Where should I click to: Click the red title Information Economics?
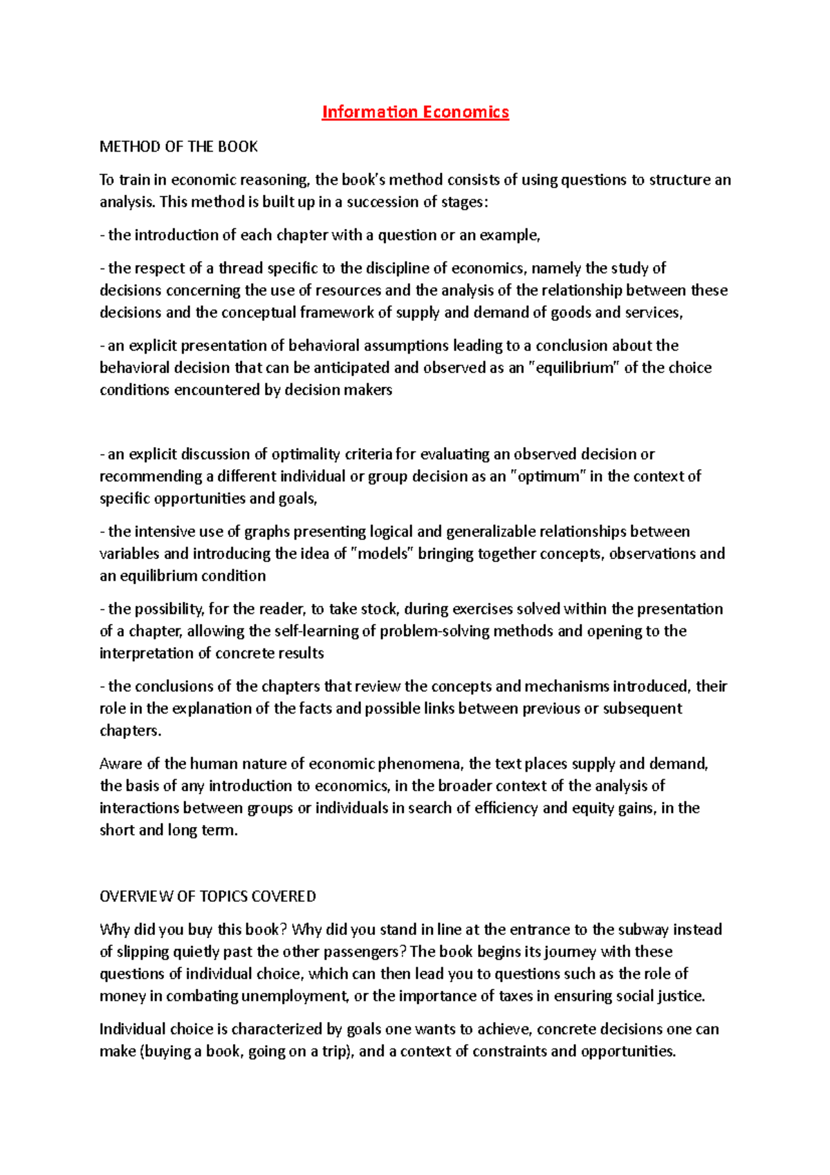[415, 112]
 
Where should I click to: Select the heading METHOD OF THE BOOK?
[178, 147]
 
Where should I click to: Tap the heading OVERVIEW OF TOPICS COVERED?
[207, 897]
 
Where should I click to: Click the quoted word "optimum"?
[548, 477]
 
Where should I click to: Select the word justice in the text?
[680, 996]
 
